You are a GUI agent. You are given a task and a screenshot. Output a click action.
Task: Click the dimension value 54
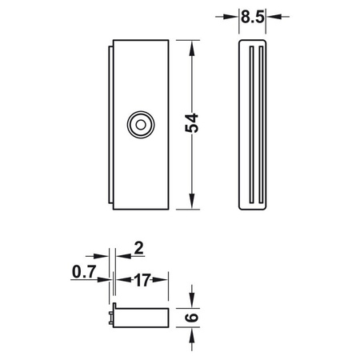pyautogui.click(x=192, y=123)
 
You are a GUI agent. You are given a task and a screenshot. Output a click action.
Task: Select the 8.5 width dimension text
pyautogui.click(x=253, y=14)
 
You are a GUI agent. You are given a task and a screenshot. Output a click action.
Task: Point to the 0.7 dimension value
pyautogui.click(x=83, y=273)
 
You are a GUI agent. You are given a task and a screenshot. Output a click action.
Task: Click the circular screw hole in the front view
pyautogui.click(x=141, y=123)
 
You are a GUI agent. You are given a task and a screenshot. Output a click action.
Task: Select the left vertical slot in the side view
pyautogui.click(x=249, y=124)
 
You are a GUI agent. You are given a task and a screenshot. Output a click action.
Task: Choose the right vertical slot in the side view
pyautogui.click(x=259, y=124)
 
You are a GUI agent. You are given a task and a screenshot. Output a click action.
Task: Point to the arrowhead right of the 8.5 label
pyautogui.click(x=274, y=14)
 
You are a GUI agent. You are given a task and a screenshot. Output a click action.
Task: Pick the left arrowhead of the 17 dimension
pyautogui.click(x=122, y=279)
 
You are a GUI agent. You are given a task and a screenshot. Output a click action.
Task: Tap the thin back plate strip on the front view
pyautogui.click(x=110, y=123)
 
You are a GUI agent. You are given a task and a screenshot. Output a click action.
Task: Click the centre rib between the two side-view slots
pyautogui.click(x=254, y=124)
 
